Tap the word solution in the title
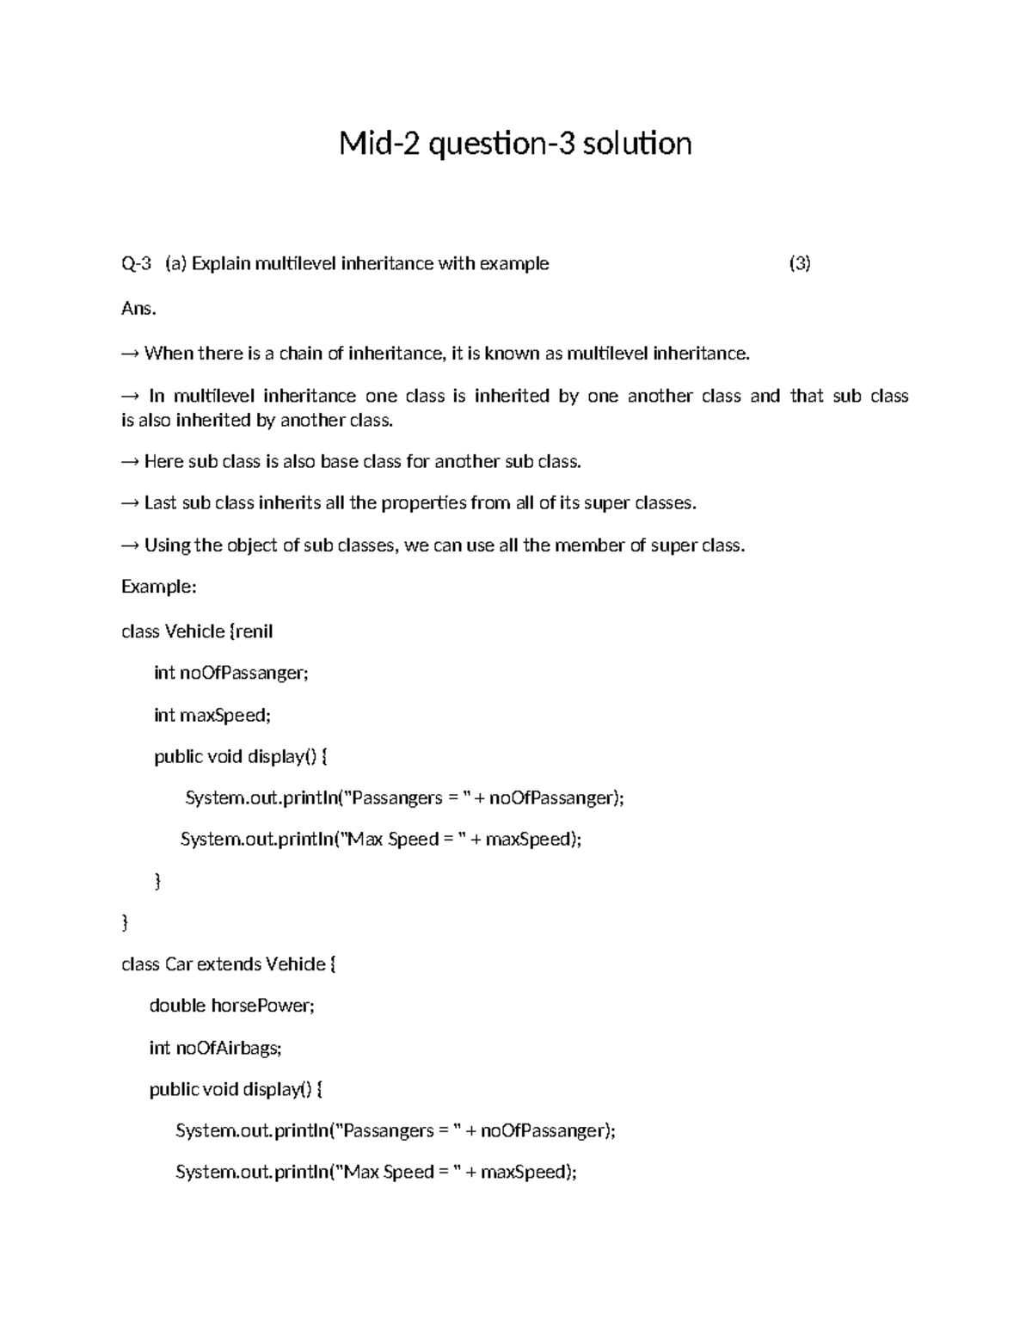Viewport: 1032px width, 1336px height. tap(636, 144)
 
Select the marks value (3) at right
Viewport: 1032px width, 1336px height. tap(800, 264)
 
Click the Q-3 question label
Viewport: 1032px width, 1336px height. tap(136, 264)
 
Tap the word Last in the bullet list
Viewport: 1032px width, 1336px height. tap(160, 503)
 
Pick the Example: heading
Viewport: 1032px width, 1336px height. tap(159, 587)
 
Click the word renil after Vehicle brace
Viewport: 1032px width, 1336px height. tap(254, 631)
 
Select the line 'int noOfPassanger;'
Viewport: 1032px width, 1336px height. tap(230, 673)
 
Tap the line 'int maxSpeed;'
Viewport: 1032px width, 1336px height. tap(212, 715)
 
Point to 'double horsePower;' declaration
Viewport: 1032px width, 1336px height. tap(232, 1006)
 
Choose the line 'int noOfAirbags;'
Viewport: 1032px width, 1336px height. tap(215, 1048)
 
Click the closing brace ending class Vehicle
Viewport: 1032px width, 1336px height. tap(126, 923)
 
